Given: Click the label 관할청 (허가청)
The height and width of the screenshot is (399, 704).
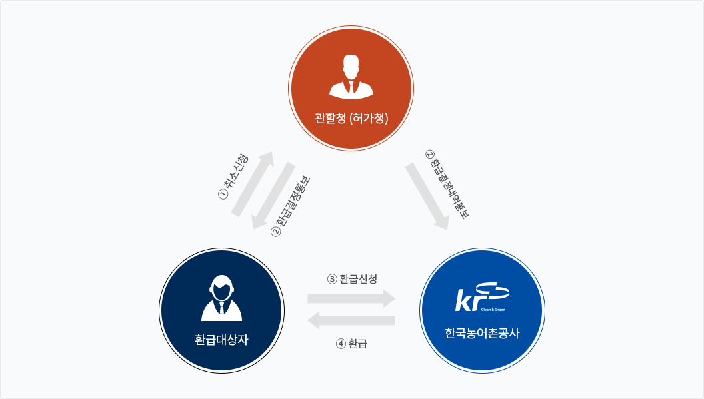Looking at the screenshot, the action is (351, 118).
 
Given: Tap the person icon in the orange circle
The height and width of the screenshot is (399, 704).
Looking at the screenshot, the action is (351, 76).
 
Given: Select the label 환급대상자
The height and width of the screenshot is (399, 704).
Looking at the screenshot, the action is (221, 339).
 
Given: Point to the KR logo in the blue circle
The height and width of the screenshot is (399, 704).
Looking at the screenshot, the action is (482, 296).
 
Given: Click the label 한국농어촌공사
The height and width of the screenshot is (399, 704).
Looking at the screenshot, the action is (482, 333).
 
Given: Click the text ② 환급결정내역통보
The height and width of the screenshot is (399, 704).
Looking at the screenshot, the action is (447, 184).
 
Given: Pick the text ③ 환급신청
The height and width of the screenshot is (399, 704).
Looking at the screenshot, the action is (352, 279).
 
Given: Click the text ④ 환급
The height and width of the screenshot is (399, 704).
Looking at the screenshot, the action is (351, 344).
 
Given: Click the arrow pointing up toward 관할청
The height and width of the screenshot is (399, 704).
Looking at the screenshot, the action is (253, 183).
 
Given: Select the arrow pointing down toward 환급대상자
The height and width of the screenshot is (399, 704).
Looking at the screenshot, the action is (273, 196).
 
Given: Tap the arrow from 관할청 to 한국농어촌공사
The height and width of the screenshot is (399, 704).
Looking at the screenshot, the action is (427, 196).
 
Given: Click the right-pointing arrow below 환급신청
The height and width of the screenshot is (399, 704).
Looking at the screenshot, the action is (351, 298).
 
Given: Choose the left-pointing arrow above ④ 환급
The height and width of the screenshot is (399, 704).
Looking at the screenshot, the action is (351, 320).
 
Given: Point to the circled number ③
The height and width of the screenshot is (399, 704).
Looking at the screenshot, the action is (332, 279).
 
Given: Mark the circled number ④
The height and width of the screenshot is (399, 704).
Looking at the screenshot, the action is (341, 344).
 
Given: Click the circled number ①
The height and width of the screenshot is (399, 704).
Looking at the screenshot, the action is (223, 194).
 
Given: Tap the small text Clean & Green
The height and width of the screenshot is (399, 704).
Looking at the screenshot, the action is (493, 310).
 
